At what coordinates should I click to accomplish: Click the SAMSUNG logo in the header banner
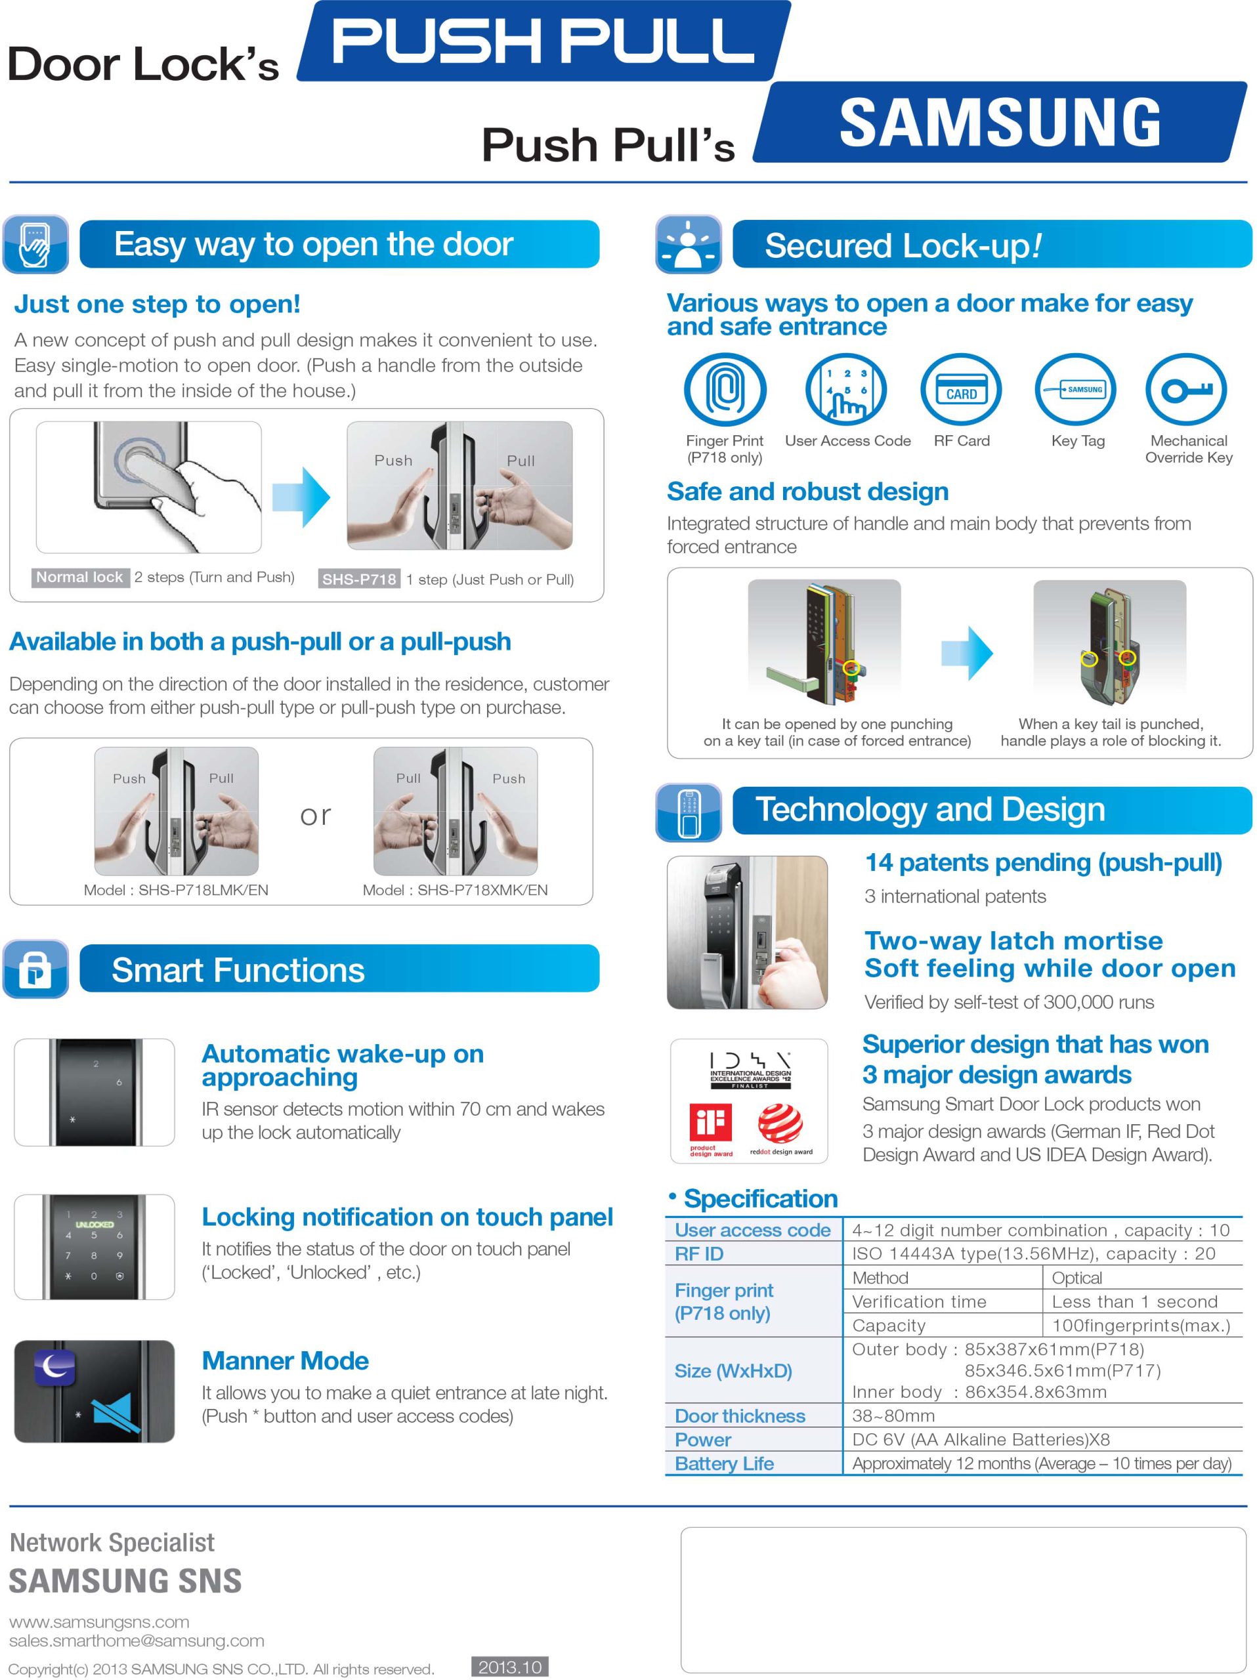pyautogui.click(x=1000, y=122)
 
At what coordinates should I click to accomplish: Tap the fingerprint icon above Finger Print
pyautogui.click(x=725, y=389)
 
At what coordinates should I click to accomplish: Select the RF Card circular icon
pyautogui.click(x=961, y=389)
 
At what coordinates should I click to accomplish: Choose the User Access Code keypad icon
pyautogui.click(x=846, y=389)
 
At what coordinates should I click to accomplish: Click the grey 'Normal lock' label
pyautogui.click(x=79, y=577)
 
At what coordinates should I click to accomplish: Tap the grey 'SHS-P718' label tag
pyautogui.click(x=359, y=579)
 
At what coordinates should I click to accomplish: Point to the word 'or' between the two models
pyautogui.click(x=315, y=816)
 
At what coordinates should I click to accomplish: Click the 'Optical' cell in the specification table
pyautogui.click(x=1076, y=1278)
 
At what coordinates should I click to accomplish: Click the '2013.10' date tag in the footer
pyautogui.click(x=509, y=1667)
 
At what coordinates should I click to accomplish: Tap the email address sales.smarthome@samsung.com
pyautogui.click(x=137, y=1641)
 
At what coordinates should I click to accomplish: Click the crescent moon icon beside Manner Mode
pyautogui.click(x=54, y=1368)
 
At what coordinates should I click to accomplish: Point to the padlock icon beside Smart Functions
pyautogui.click(x=35, y=969)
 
